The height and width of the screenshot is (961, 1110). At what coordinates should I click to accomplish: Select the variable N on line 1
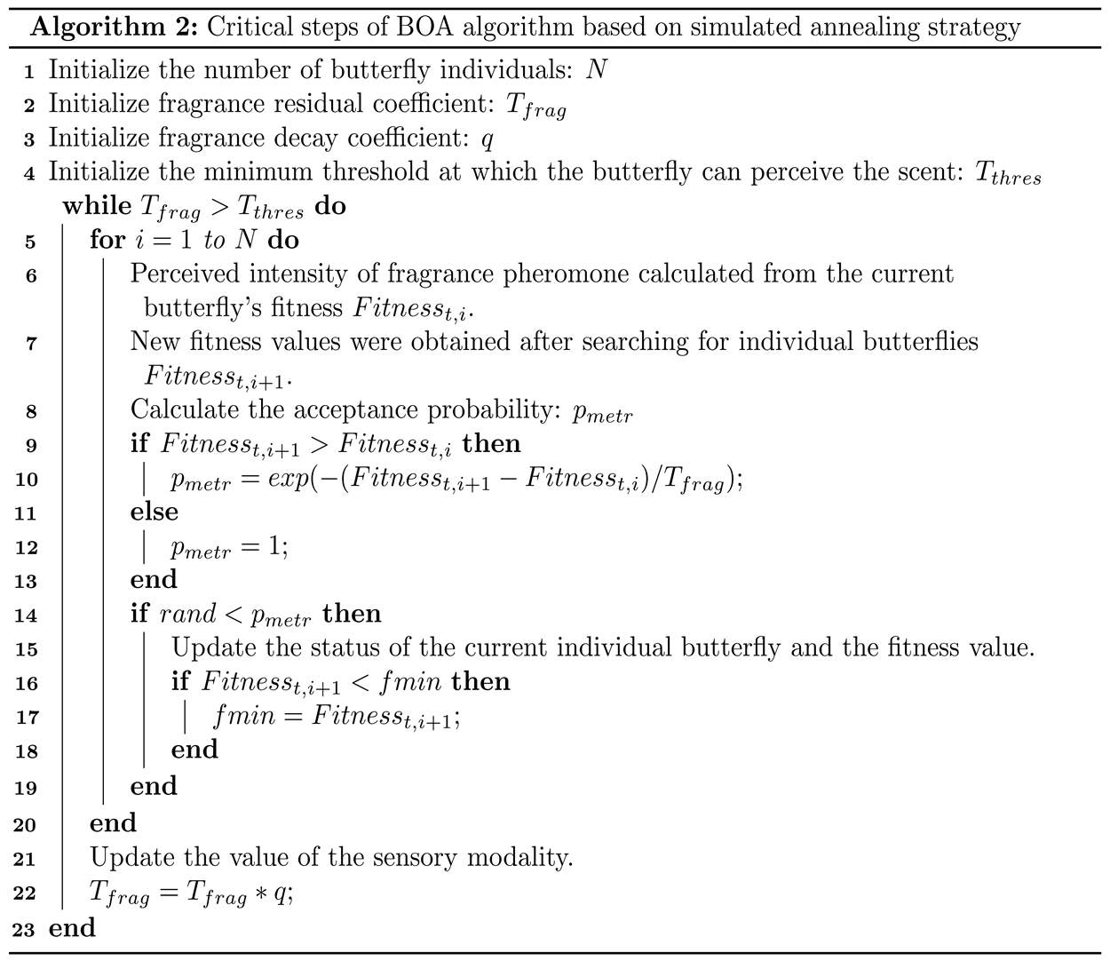pos(596,69)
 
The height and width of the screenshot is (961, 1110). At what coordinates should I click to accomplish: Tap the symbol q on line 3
pos(487,139)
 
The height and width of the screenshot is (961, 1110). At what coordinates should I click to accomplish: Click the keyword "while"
pos(98,206)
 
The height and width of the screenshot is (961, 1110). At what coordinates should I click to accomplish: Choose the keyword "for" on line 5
pos(107,240)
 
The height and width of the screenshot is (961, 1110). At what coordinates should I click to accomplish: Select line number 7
pos(31,343)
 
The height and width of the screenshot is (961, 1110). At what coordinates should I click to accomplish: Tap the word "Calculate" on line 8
pos(183,409)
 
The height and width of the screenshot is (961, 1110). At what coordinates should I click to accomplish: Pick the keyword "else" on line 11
pos(155,512)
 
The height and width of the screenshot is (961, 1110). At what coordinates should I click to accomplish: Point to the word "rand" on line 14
pos(187,615)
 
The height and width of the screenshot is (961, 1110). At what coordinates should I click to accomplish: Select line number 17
pos(27,718)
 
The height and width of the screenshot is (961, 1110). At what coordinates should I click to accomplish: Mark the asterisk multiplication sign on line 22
pos(261,894)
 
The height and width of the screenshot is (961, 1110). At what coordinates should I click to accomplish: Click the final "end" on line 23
pos(72,928)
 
